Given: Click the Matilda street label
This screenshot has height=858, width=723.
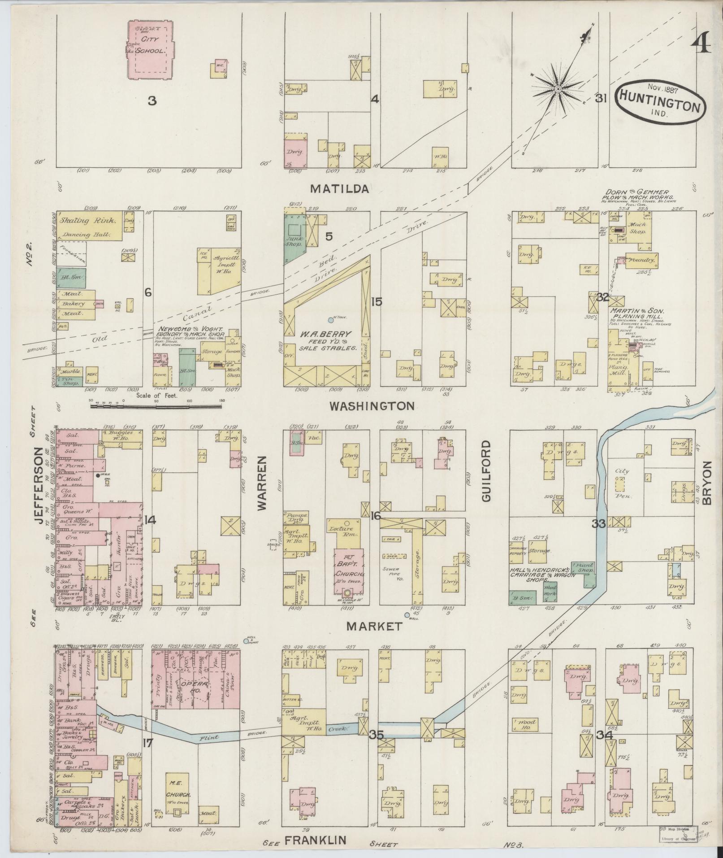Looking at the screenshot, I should click(x=340, y=189).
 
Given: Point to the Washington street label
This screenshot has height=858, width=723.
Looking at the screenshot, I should click(x=372, y=406).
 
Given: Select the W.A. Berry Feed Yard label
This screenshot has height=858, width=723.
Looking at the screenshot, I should click(x=324, y=340).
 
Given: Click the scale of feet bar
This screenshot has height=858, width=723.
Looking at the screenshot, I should click(x=156, y=407).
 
